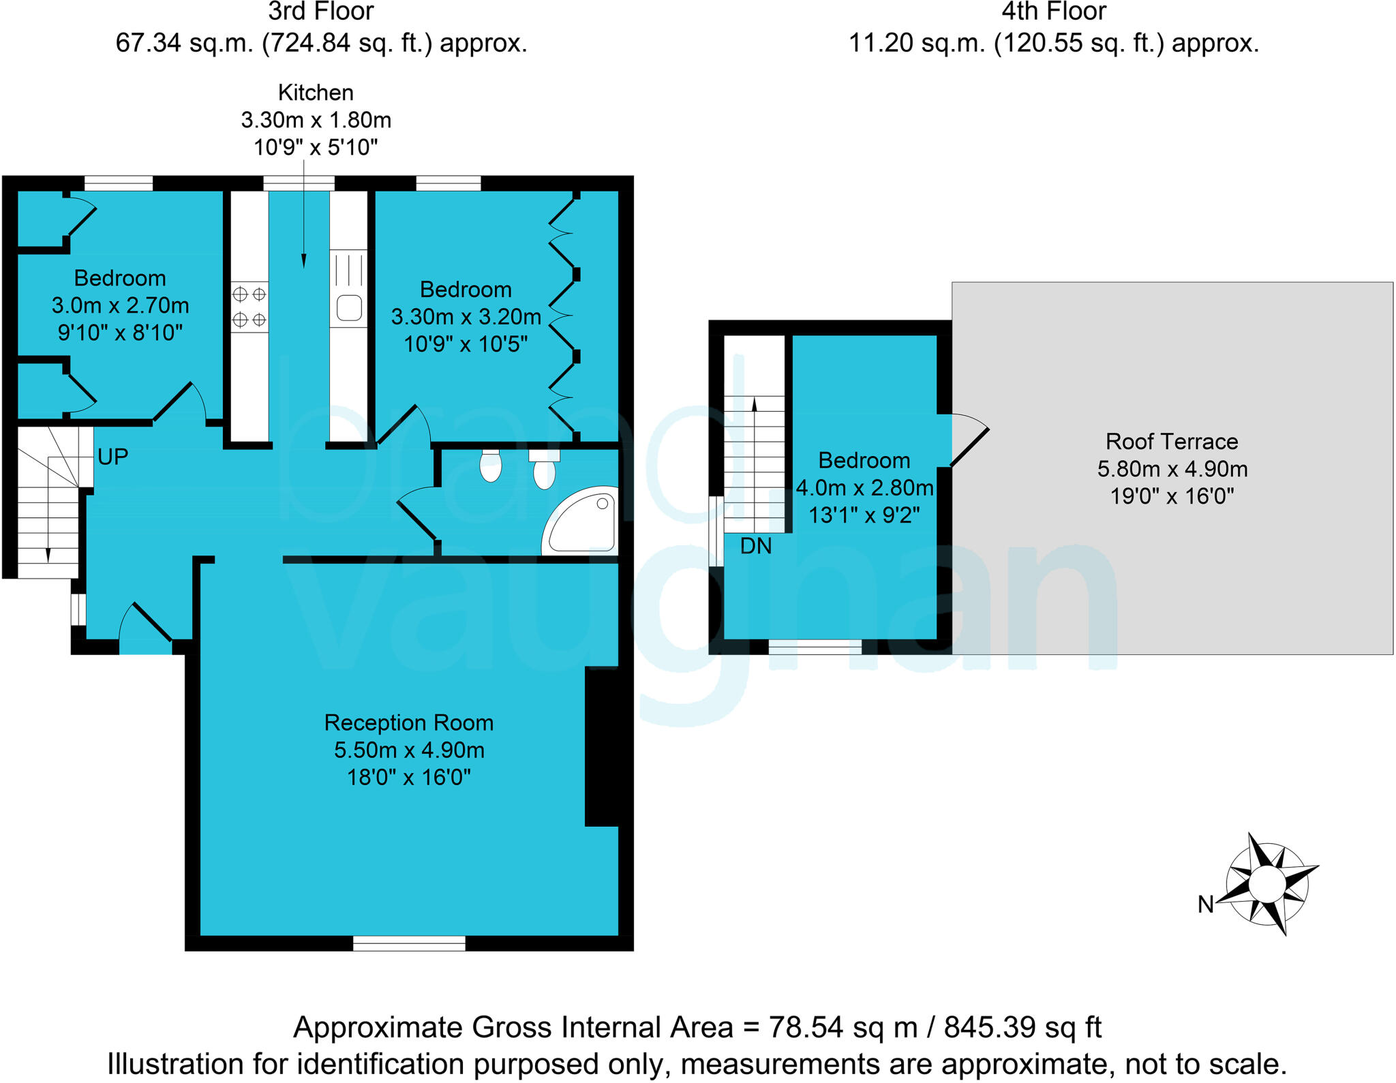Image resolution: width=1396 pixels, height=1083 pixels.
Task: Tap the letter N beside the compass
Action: click(x=1205, y=904)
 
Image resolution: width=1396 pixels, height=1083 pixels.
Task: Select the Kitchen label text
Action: click(x=316, y=93)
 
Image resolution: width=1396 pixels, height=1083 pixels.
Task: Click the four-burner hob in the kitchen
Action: click(x=249, y=307)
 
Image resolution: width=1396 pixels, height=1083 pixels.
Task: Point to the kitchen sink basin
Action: click(x=349, y=307)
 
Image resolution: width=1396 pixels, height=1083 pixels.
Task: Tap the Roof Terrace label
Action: click(x=1172, y=442)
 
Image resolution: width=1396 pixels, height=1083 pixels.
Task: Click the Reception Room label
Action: click(x=408, y=722)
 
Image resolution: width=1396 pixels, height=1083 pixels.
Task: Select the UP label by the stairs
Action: click(x=112, y=457)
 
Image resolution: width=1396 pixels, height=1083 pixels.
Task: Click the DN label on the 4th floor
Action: click(x=756, y=547)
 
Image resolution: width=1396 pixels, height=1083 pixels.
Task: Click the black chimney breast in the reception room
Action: click(x=603, y=746)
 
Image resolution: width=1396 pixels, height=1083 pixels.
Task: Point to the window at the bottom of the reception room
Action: click(x=409, y=943)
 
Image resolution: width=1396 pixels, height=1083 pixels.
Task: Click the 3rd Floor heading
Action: click(x=320, y=12)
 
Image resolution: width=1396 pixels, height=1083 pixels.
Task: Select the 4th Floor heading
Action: click(x=1053, y=12)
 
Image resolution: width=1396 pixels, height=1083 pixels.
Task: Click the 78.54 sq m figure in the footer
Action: click(x=843, y=1027)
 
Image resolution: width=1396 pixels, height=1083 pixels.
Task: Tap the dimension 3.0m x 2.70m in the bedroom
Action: click(x=120, y=305)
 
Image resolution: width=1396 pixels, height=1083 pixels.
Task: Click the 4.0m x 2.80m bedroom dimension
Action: click(x=864, y=488)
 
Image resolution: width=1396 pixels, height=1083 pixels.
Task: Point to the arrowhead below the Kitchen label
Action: click(x=303, y=260)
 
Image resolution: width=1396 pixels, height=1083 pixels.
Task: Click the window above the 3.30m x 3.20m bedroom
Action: click(x=448, y=183)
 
